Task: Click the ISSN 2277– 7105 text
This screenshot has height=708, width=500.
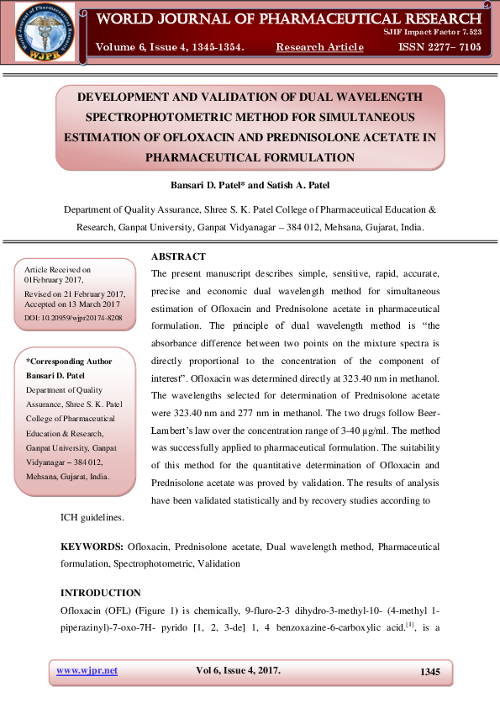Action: [x=439, y=47]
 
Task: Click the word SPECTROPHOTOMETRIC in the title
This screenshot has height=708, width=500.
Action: [x=183, y=117]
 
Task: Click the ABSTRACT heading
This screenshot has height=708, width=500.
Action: [x=178, y=256]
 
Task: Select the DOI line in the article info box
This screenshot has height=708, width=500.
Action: [x=74, y=318]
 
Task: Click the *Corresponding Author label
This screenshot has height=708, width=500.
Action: [x=70, y=361]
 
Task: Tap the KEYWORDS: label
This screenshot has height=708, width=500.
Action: [x=92, y=547]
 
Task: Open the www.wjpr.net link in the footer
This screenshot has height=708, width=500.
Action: [x=87, y=670]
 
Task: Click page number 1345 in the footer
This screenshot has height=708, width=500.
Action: [x=429, y=671]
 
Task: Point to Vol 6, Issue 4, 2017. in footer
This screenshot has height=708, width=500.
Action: [x=238, y=670]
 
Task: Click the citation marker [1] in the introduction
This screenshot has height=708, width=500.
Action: [x=410, y=624]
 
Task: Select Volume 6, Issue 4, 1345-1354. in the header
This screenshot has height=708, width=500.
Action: [x=171, y=47]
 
